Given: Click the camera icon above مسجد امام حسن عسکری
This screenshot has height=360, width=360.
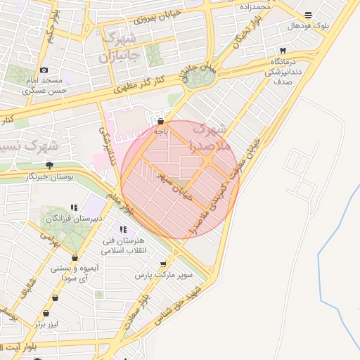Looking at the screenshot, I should coord(44,70).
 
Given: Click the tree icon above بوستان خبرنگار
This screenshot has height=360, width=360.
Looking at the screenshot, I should coord(49,165).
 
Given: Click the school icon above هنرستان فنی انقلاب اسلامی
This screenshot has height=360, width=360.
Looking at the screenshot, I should coord(122,229).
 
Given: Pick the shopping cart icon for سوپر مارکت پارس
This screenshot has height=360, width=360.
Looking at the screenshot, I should coord(163,264).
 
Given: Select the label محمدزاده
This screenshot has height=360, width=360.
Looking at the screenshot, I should coord(255,6).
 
